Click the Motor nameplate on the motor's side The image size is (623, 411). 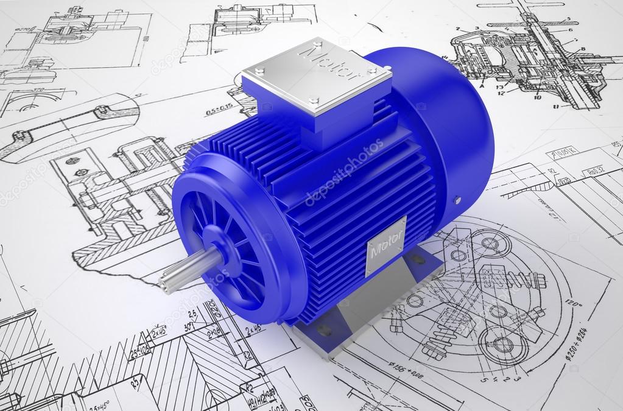(385, 245)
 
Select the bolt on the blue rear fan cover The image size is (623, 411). (457, 200)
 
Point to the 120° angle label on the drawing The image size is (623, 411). (573, 302)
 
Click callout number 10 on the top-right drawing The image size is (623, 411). (537, 97)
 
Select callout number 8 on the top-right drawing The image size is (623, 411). (583, 49)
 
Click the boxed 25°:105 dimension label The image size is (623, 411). (139, 351)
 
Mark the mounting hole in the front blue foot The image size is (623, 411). (324, 329)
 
